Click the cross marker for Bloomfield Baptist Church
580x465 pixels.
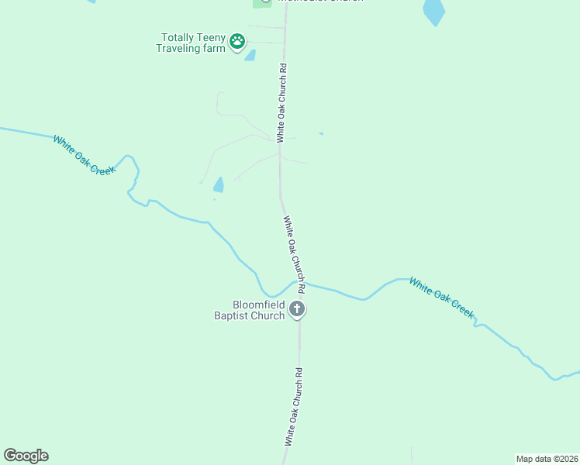click(x=296, y=309)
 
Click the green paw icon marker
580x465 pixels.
click(x=237, y=41)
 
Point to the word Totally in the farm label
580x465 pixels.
click(x=177, y=37)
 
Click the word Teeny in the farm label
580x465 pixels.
click(x=209, y=37)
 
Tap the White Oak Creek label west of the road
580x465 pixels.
click(x=84, y=154)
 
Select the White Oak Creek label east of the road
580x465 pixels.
click(x=441, y=297)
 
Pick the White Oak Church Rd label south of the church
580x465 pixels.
click(x=293, y=406)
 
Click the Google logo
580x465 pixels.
click(x=26, y=456)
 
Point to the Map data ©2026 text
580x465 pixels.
click(x=547, y=459)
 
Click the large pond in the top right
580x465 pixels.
click(x=433, y=12)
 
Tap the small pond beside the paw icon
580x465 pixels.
click(x=250, y=55)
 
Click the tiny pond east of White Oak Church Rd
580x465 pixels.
click(x=320, y=133)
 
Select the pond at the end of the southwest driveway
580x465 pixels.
click(x=219, y=184)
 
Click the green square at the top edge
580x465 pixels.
click(x=262, y=2)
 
